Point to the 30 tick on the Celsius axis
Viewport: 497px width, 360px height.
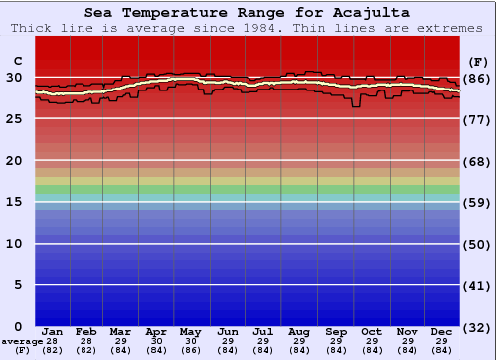pos(15,78)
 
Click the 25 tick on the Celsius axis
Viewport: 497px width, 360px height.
pos(15,118)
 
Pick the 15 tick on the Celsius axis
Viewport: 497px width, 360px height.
pos(15,202)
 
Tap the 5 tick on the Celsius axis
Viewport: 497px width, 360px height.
pos(19,285)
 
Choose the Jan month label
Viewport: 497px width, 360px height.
pos(53,330)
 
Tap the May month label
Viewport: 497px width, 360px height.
pos(192,330)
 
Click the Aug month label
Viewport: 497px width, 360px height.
pos(300,330)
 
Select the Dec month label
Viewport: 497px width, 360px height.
pos(442,330)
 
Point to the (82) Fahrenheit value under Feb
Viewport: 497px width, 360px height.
pos(86,350)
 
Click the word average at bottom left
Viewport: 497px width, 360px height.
pos(22,341)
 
